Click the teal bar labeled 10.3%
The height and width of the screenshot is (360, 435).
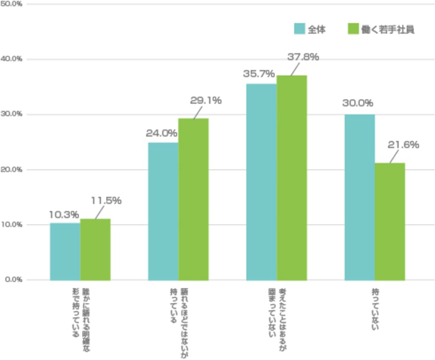[65, 251]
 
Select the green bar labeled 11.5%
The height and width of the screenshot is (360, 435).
[95, 249]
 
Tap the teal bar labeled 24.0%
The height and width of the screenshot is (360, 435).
[163, 211]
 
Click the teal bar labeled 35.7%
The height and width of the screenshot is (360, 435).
[261, 182]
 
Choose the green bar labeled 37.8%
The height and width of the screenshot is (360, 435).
[291, 178]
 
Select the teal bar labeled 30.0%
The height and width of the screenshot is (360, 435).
[359, 197]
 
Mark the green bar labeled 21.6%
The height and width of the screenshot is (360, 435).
[390, 221]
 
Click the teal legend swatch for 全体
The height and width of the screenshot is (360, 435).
[299, 29]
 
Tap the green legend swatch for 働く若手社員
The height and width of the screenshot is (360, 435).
[353, 29]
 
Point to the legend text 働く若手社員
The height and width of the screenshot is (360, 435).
[387, 29]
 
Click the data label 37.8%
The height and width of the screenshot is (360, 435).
[303, 57]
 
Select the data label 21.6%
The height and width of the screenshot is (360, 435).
[403, 145]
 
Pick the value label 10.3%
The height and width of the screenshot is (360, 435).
[64, 215]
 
